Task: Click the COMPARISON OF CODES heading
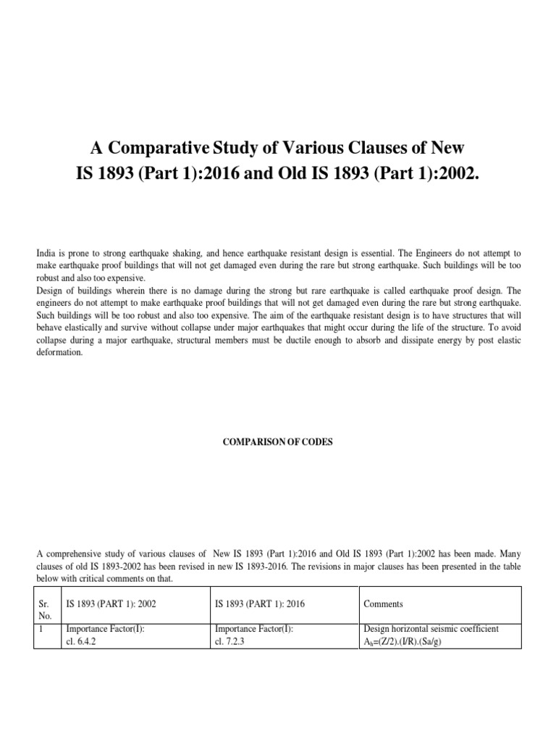[278, 443]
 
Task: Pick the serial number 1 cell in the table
[43, 629]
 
